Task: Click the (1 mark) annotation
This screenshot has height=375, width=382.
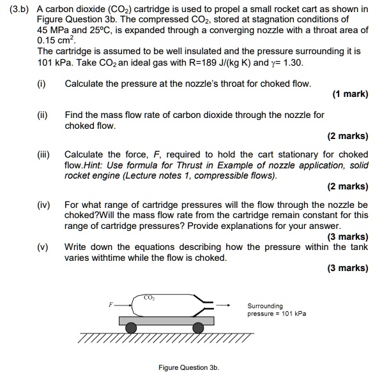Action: coord(350,94)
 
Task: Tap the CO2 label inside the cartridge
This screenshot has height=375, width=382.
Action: coord(149,297)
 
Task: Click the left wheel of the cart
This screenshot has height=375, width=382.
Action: coord(131,328)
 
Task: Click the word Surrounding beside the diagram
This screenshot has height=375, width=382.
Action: coord(264,305)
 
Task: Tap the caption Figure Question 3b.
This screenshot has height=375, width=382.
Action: coord(188,367)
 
